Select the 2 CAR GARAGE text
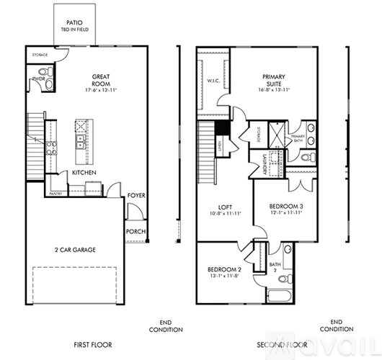click(76, 250)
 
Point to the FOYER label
click(137, 195)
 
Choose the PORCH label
click(136, 231)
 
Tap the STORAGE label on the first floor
click(40, 54)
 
